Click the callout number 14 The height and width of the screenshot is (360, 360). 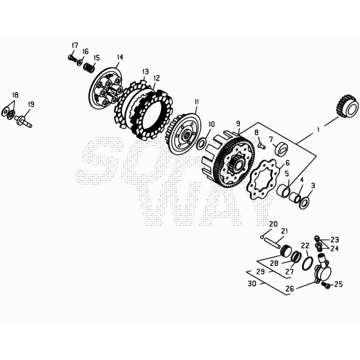[120, 57]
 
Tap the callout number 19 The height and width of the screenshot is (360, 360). [31, 104]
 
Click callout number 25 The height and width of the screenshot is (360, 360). [339, 284]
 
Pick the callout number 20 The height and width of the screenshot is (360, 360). [273, 223]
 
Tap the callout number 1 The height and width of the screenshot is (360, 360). [318, 130]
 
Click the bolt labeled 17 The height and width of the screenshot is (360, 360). [72, 58]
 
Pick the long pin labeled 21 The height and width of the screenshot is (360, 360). [276, 242]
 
